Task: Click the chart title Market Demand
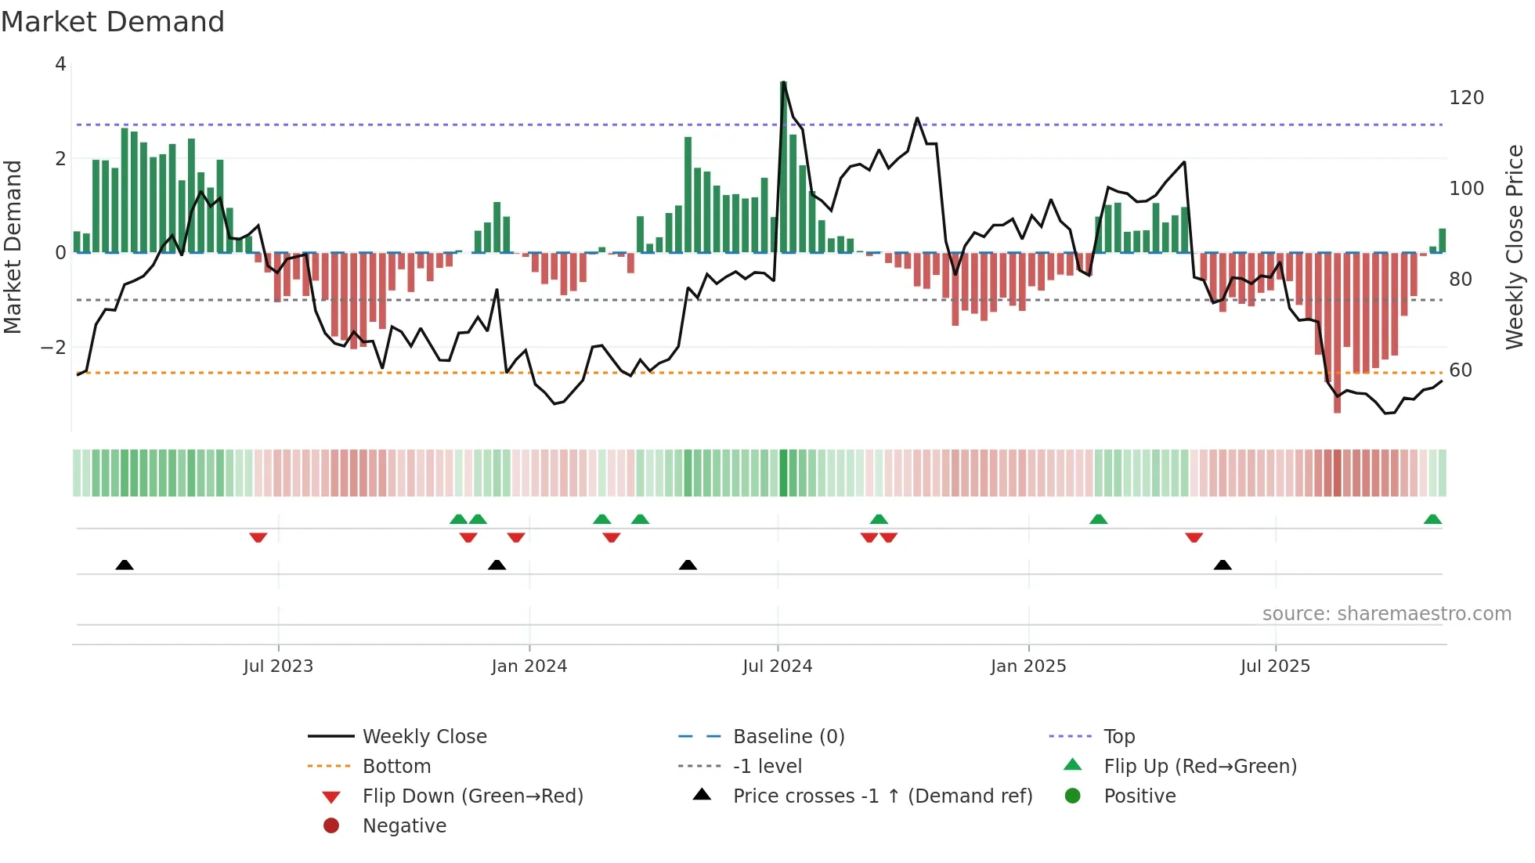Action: [113, 22]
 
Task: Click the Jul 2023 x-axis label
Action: [278, 666]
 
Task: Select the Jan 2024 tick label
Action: [529, 666]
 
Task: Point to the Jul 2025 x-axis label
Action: [1275, 666]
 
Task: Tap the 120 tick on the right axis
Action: [1466, 98]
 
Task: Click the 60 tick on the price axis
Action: [1461, 370]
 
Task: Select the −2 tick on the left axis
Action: [53, 347]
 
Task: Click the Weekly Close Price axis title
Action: [1515, 247]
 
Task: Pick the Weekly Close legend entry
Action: [424, 737]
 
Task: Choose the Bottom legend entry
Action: [396, 767]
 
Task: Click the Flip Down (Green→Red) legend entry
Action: [472, 796]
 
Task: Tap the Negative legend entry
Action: [404, 826]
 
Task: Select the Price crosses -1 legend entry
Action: [882, 796]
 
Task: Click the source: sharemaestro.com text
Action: [1386, 614]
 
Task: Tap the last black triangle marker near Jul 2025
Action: [1223, 565]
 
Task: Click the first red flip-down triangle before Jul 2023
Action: [258, 537]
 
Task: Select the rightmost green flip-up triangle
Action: [1432, 519]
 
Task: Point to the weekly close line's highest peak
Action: [783, 82]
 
